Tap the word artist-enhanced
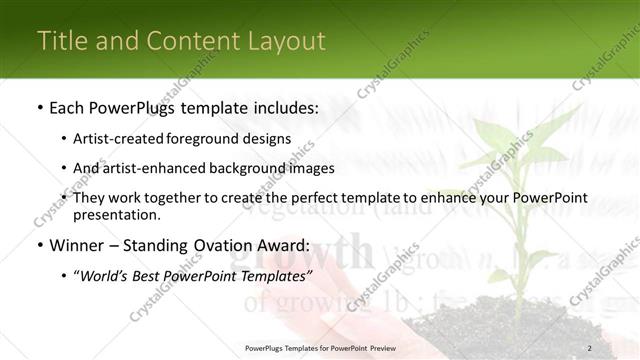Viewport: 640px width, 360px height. point(152,168)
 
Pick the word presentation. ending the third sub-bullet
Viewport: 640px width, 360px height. point(117,214)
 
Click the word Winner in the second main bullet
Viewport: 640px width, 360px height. point(78,245)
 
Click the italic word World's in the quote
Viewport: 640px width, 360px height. point(108,275)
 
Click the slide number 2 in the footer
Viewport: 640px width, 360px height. point(589,348)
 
